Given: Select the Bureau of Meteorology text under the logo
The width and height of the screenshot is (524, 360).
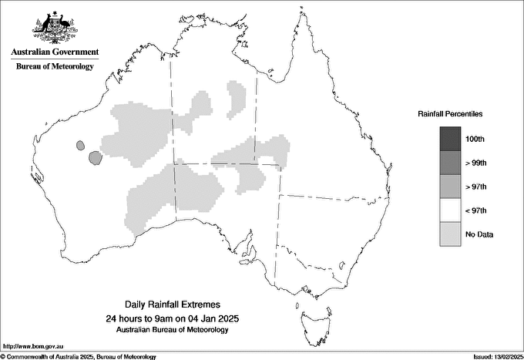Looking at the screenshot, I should coord(55,66).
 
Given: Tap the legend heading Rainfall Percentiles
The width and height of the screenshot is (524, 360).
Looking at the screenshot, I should coord(450,113).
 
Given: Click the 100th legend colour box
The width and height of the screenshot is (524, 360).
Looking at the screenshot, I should coord(450,139).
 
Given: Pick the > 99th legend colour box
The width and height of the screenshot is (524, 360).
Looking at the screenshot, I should coord(450,163).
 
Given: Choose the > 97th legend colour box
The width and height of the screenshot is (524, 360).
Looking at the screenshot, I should coord(450,187).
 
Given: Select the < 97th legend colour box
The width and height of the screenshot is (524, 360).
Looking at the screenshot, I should coord(450,210).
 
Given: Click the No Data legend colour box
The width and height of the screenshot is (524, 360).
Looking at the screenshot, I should coord(450,234).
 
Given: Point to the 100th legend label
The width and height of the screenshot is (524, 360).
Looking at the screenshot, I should coord(475,140).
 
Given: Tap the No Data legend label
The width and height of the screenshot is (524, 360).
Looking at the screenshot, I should coord(479,234).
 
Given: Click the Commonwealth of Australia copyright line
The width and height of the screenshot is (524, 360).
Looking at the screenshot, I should coord(79,356).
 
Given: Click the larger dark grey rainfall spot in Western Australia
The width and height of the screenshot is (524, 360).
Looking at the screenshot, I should coord(95,158).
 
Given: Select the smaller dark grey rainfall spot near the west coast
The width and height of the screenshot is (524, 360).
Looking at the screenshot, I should coord(79,143).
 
